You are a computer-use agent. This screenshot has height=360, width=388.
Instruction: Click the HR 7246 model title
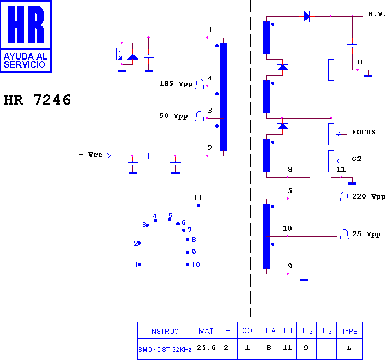click(x=38, y=100)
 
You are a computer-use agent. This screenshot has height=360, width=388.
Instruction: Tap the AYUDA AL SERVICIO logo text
click(x=26, y=61)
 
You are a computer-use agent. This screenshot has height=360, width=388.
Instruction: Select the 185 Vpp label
click(x=176, y=84)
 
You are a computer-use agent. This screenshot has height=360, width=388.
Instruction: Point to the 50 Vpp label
click(x=174, y=116)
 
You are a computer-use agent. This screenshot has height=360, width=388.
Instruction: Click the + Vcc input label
click(x=91, y=155)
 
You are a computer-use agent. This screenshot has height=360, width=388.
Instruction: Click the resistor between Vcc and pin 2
click(x=159, y=156)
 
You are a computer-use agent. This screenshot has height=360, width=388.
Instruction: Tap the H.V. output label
click(x=377, y=14)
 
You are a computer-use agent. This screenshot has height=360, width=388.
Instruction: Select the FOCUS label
click(x=363, y=132)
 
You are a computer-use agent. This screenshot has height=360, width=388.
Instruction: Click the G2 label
click(x=356, y=159)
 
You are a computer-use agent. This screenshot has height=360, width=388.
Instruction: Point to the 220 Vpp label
click(x=369, y=196)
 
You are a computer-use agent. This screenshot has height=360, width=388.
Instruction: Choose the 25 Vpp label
click(x=367, y=234)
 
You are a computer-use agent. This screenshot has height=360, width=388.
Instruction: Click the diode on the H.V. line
click(x=307, y=16)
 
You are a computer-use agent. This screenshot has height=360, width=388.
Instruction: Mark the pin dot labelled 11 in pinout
click(x=198, y=205)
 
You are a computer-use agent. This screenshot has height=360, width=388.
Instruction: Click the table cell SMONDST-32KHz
click(x=165, y=350)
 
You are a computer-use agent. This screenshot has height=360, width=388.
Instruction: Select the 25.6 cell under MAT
click(x=206, y=348)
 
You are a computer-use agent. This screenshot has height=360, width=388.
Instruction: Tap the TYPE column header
click(x=349, y=331)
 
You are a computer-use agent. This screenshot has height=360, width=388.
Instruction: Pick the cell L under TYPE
click(x=349, y=348)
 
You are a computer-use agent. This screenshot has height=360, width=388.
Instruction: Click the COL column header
click(x=249, y=331)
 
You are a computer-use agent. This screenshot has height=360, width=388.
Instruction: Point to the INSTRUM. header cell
click(x=165, y=332)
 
